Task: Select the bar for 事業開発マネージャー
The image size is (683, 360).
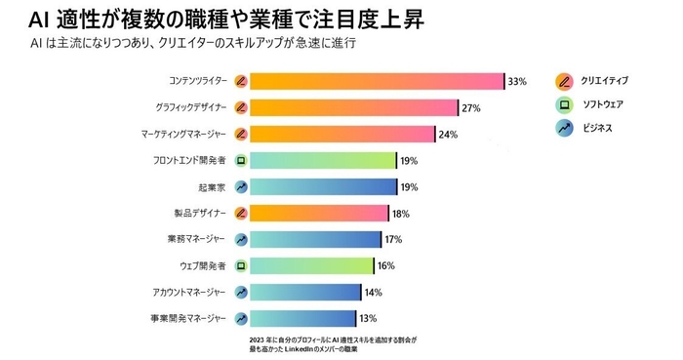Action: coord(302,318)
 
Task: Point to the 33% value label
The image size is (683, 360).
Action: coord(517,82)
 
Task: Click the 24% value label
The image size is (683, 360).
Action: coord(449,135)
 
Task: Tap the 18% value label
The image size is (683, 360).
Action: coord(400,214)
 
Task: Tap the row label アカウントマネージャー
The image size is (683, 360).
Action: coord(190,292)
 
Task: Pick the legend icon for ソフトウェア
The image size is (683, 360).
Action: coord(563,104)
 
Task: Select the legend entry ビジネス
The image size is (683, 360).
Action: coord(594,128)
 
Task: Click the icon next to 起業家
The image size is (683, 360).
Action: coord(241,186)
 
